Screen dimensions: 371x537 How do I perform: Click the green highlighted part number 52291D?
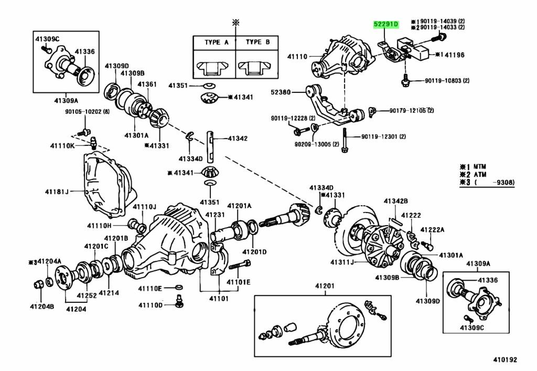click(386, 25)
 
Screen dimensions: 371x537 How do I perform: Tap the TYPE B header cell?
click(257, 42)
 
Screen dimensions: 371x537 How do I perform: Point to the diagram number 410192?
click(504, 360)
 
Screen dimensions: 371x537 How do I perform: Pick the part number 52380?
click(281, 91)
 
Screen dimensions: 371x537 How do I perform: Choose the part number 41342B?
click(395, 201)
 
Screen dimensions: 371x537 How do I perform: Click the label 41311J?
click(343, 262)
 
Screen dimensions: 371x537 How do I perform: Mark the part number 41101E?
click(239, 282)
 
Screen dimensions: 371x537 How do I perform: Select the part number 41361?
click(147, 84)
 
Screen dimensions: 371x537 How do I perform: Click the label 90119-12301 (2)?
click(384, 137)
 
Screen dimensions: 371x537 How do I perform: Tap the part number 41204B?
click(41, 306)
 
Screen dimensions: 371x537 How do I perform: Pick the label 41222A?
click(434, 230)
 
